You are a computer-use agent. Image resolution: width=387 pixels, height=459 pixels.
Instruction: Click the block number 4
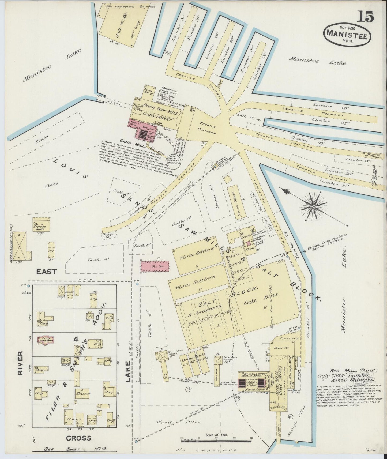tap(76, 340)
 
